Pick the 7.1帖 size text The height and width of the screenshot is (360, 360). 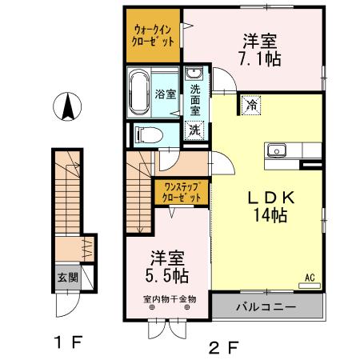261,58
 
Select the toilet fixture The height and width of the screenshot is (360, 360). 144,134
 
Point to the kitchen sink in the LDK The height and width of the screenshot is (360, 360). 278,150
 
